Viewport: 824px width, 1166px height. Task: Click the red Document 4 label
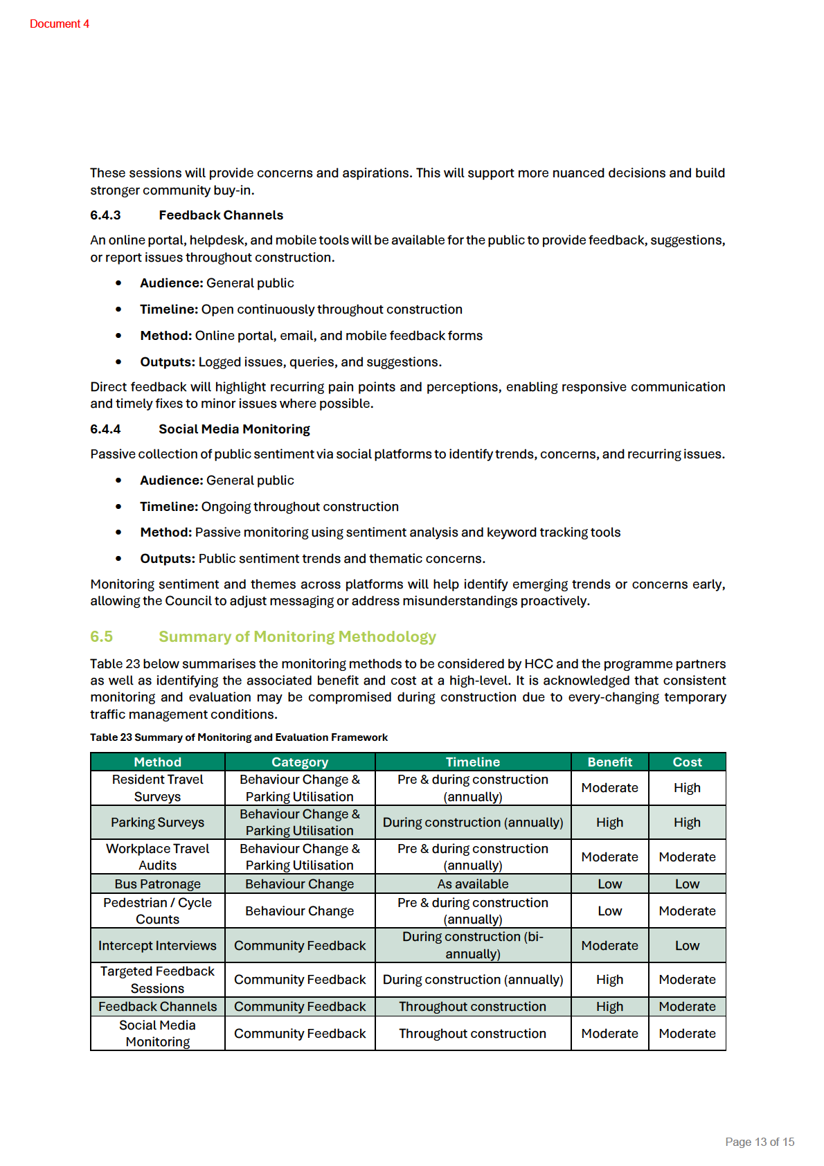(x=60, y=24)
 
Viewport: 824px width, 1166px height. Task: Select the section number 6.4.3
(x=105, y=215)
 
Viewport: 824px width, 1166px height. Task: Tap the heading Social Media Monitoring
(x=234, y=429)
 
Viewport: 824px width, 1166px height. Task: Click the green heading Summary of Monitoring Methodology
(x=297, y=636)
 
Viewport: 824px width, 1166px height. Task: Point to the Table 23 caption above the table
(x=239, y=737)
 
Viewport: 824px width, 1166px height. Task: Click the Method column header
(x=158, y=762)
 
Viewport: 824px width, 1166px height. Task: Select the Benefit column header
(x=609, y=762)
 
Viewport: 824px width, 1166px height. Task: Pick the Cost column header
(x=687, y=762)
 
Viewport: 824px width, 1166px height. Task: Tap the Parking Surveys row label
(x=158, y=823)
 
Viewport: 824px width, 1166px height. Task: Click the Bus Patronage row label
(x=158, y=884)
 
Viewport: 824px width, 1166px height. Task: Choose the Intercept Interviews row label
(x=158, y=946)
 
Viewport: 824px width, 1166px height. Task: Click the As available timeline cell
(x=473, y=884)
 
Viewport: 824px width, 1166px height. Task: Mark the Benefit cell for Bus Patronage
(x=609, y=884)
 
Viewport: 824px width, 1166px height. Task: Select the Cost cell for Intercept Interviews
(x=687, y=946)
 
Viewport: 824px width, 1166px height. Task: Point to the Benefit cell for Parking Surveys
(x=609, y=823)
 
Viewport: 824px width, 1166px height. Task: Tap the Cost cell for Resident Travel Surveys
(x=687, y=788)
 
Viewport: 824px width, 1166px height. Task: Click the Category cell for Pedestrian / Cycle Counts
(x=299, y=911)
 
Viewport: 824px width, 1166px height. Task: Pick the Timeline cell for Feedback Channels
(x=473, y=1007)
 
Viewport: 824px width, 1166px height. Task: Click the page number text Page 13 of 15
(x=760, y=1142)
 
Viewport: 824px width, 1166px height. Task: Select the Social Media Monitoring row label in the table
(x=158, y=1034)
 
